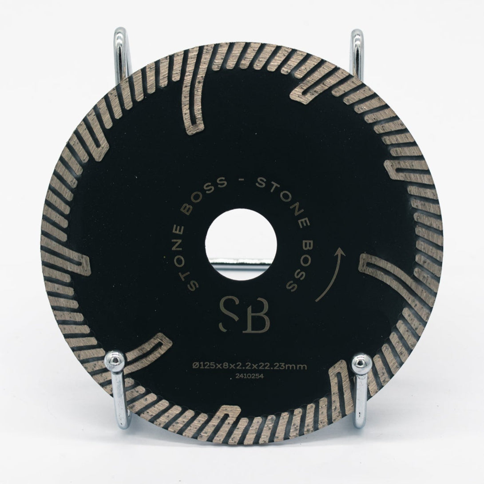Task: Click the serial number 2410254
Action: point(246,376)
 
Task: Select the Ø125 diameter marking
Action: point(202,366)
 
